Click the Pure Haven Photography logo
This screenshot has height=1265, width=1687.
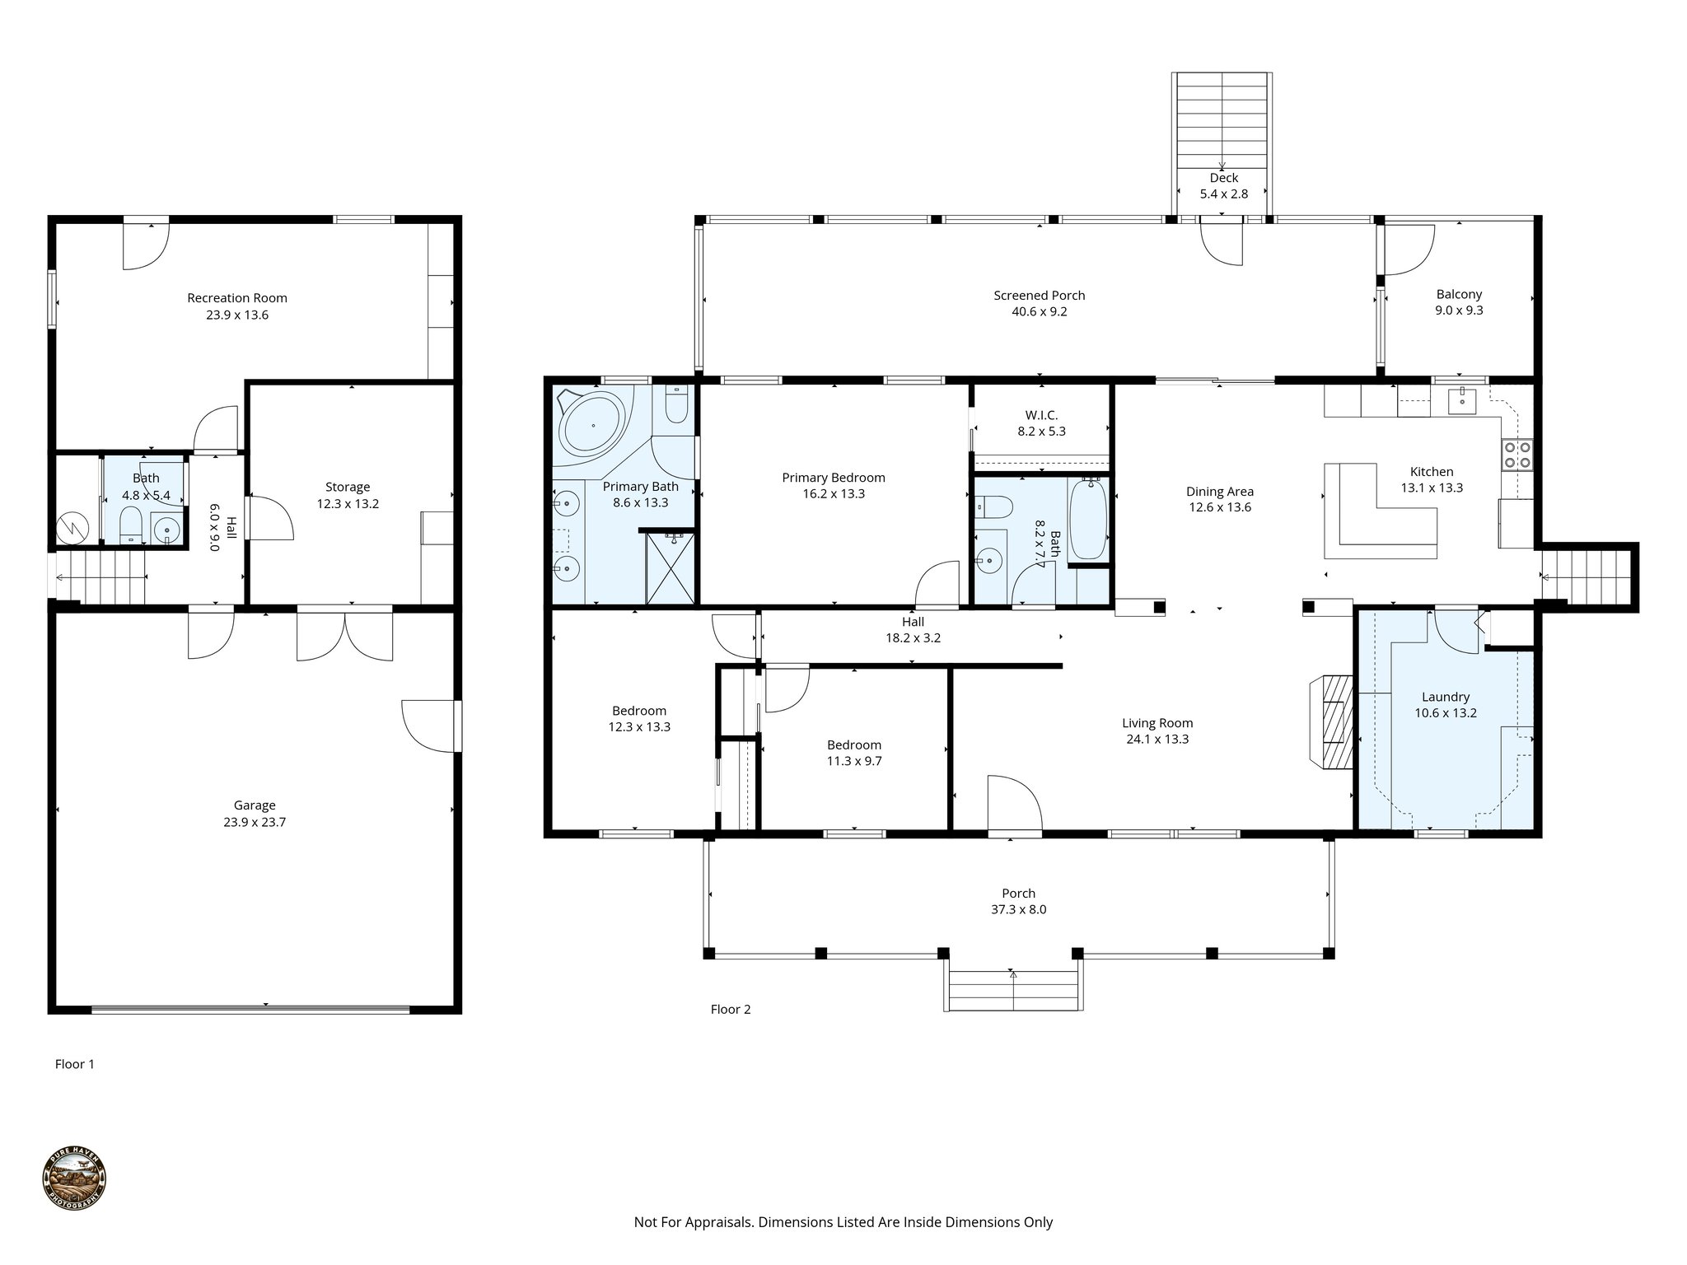(x=74, y=1179)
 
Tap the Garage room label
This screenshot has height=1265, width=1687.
(x=255, y=805)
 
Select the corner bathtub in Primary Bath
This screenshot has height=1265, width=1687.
(x=592, y=427)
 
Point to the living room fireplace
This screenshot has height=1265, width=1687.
(x=1332, y=722)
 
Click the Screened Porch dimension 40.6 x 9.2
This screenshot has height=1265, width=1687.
(x=1039, y=311)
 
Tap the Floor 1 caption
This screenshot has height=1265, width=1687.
(x=75, y=1064)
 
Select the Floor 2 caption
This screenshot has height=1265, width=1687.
(x=731, y=1009)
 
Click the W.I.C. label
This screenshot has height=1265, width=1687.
(x=1041, y=414)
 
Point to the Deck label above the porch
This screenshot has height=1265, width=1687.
(x=1223, y=178)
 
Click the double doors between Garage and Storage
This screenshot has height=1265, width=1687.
(x=345, y=634)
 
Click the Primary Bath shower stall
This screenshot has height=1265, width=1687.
(x=671, y=568)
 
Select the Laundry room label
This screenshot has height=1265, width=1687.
(x=1446, y=697)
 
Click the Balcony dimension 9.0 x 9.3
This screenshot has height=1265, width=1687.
(x=1459, y=310)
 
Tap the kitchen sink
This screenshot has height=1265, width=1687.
(x=1464, y=401)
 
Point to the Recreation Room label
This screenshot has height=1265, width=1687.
(x=237, y=298)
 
